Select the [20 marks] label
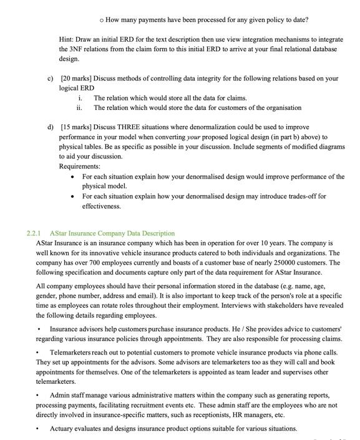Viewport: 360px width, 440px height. click(x=79, y=79)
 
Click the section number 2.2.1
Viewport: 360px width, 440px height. click(x=35, y=233)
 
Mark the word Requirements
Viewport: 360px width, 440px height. click(x=79, y=167)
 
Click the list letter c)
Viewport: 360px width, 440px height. click(x=51, y=79)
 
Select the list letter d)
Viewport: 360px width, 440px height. click(x=51, y=127)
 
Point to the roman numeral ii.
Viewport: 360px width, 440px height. click(x=80, y=108)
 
